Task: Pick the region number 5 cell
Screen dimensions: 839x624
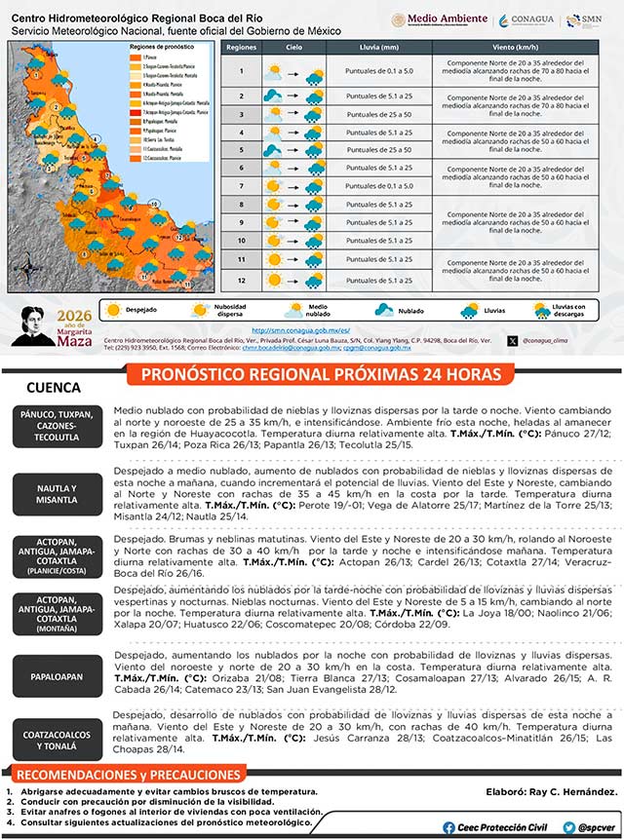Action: (x=240, y=150)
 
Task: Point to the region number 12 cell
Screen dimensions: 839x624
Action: (x=240, y=281)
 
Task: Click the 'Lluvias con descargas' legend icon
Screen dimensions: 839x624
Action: (x=542, y=310)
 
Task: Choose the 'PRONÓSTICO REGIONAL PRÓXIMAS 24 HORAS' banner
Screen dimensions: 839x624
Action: (x=322, y=374)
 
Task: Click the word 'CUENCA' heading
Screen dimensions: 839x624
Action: (x=54, y=387)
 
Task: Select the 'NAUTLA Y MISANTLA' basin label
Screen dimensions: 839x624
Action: (x=57, y=493)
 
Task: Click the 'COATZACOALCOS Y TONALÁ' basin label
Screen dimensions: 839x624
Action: (x=57, y=740)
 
